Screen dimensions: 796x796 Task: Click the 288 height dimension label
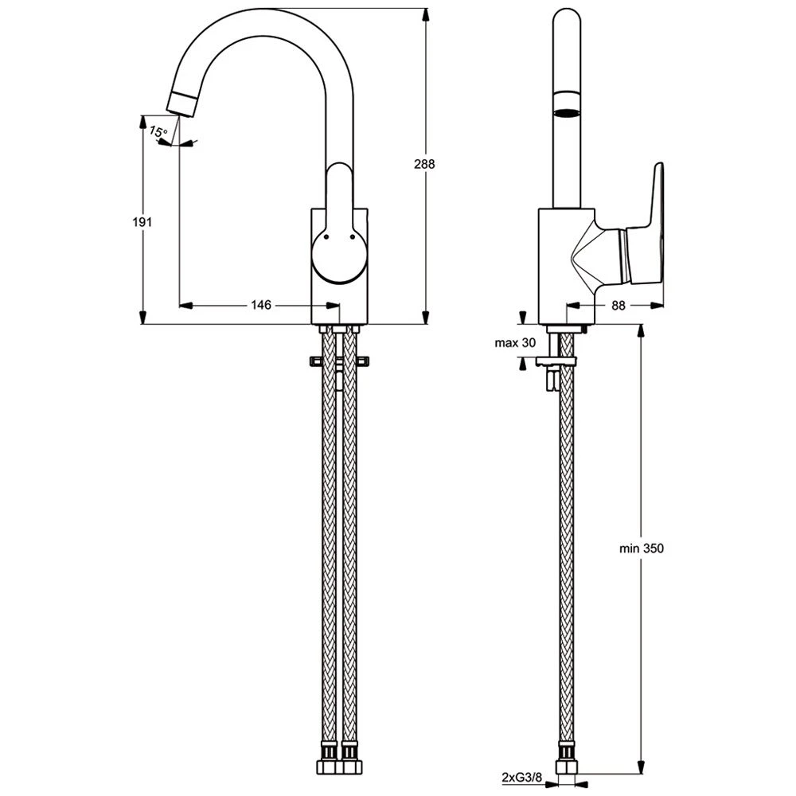pos(424,164)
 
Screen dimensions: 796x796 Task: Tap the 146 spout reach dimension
pos(262,304)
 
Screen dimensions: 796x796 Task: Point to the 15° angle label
pos(159,131)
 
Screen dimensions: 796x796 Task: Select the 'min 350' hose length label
pos(642,548)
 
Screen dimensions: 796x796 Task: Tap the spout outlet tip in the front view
pos(183,103)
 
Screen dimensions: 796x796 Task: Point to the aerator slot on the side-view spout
pos(567,113)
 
